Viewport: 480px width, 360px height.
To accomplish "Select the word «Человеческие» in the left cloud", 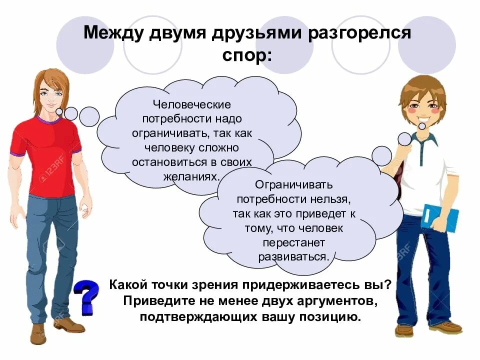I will coord(192,105).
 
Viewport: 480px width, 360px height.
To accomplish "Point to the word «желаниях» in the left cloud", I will coord(192,176).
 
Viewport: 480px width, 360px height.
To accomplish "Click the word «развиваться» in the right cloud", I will coord(293,256).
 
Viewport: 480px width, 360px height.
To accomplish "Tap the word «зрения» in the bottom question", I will coord(214,284).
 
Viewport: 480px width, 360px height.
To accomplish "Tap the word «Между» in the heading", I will coord(113,33).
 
